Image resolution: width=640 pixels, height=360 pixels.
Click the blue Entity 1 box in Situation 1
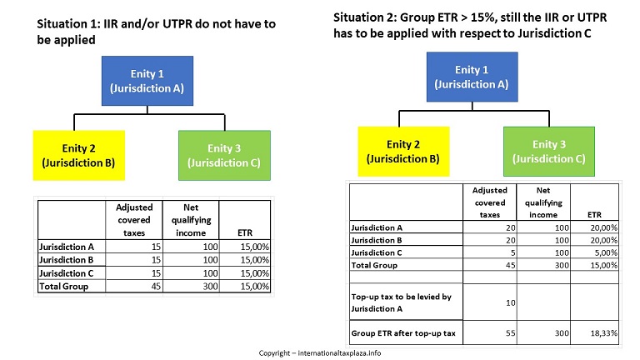pyautogui.click(x=147, y=81)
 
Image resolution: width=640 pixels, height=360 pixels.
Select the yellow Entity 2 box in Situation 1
pyautogui.click(x=79, y=156)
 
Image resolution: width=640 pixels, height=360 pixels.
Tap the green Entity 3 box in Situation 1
pyautogui.click(x=224, y=156)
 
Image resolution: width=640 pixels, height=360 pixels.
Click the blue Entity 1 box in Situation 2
pyautogui.click(x=472, y=77)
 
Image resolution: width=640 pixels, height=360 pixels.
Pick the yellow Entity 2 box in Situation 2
pyautogui.click(x=403, y=152)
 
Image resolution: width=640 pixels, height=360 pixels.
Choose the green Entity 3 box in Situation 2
pyautogui.click(x=549, y=152)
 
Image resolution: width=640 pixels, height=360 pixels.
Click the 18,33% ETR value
pyautogui.click(x=603, y=333)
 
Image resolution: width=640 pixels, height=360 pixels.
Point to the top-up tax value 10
pyautogui.click(x=511, y=302)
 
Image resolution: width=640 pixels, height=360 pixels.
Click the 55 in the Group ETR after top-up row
pyautogui.click(x=511, y=333)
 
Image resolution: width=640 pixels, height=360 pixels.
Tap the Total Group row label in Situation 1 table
pyautogui.click(x=63, y=286)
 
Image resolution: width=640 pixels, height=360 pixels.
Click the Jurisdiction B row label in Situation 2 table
pyautogui.click(x=377, y=240)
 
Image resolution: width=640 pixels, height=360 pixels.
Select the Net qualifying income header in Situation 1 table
pyautogui.click(x=191, y=220)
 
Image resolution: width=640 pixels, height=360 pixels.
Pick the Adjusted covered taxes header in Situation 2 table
pyautogui.click(x=490, y=202)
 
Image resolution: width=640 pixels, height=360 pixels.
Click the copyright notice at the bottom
pyautogui.click(x=320, y=353)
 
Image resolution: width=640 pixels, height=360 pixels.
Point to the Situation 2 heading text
pyautogui.click(x=470, y=25)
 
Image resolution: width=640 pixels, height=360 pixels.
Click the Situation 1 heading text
pyautogui.click(x=157, y=32)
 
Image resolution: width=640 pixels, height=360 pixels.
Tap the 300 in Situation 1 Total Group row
pyautogui.click(x=210, y=286)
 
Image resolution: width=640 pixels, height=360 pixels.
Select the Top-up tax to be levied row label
pyautogui.click(x=401, y=302)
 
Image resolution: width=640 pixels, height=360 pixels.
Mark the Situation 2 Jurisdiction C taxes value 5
pyautogui.click(x=513, y=252)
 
